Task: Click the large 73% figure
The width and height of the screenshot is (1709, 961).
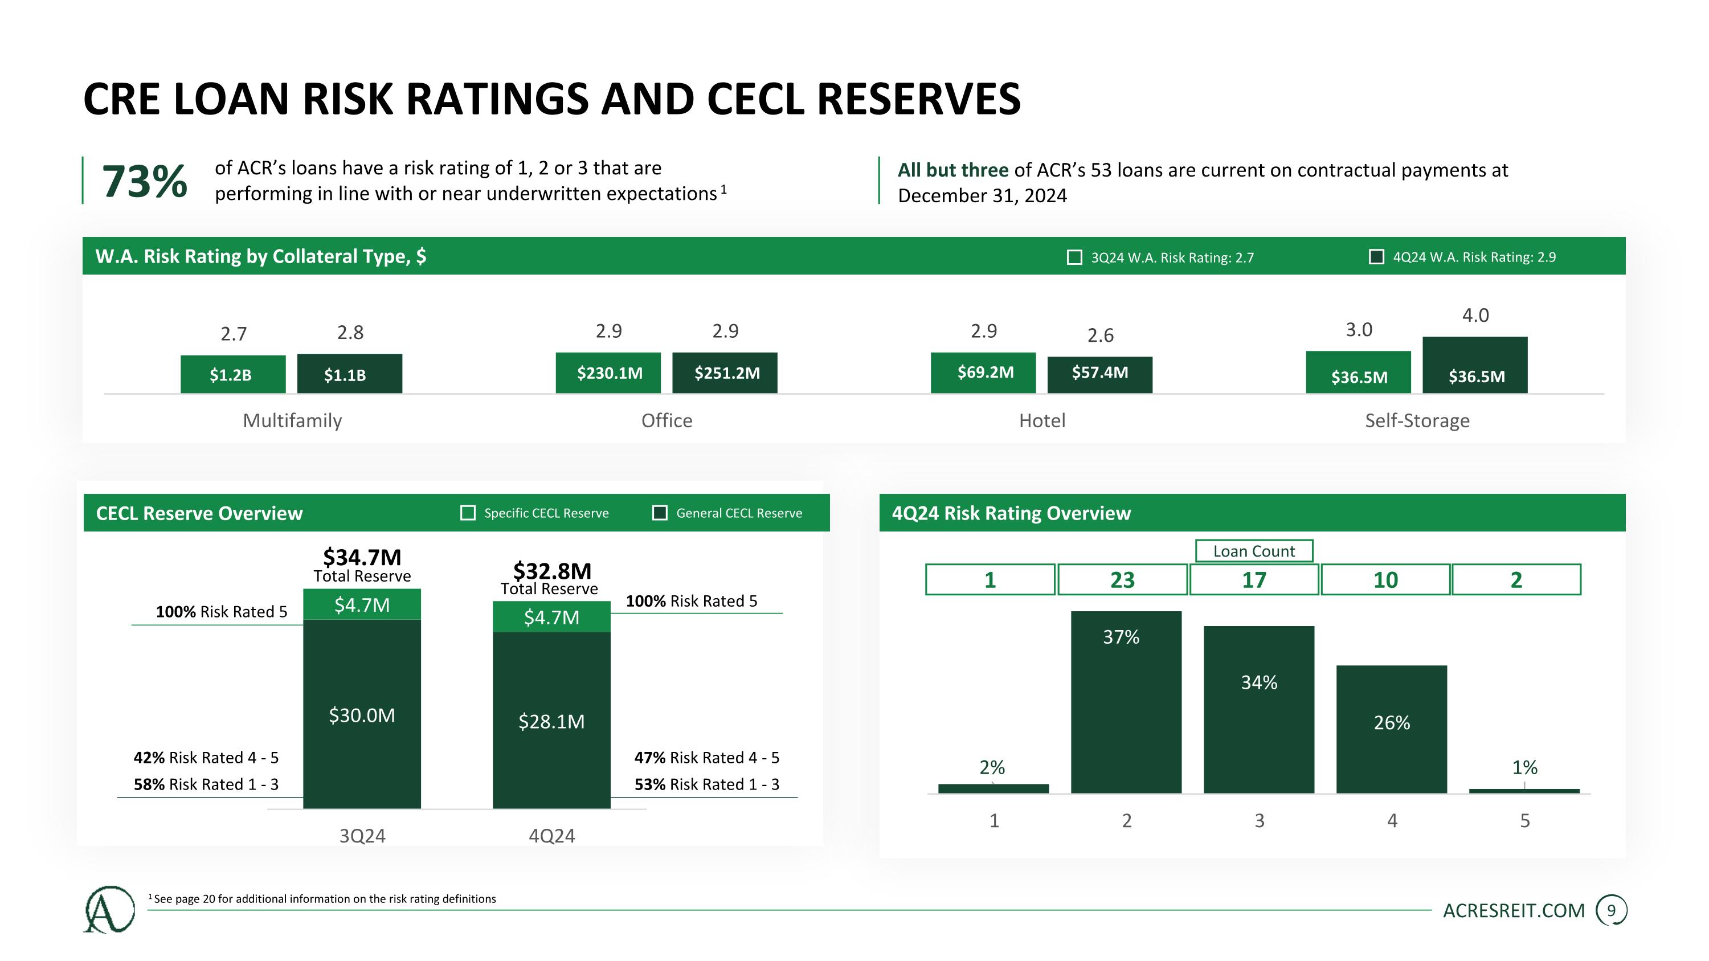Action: (144, 181)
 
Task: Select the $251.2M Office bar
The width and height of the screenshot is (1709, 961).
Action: (725, 373)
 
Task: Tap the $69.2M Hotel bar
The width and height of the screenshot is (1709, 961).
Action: (983, 373)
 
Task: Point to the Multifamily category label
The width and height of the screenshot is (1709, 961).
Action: (293, 420)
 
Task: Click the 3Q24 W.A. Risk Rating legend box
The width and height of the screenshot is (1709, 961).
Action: (1074, 257)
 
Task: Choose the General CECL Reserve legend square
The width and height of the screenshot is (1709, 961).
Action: (660, 513)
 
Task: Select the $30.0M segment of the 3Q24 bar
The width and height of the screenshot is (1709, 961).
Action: (362, 714)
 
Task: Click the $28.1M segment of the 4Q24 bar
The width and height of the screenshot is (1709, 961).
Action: (551, 721)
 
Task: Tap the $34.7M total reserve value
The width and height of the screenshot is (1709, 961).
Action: (362, 557)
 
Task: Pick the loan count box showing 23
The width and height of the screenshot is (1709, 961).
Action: (1122, 580)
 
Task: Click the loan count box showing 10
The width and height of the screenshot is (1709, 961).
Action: (1385, 580)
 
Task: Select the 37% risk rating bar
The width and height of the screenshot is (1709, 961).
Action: (1126, 702)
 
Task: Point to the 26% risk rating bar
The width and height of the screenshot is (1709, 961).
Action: (1391, 729)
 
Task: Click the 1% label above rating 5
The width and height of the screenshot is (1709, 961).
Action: (1524, 767)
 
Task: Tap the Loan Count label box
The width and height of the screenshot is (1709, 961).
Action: (1254, 551)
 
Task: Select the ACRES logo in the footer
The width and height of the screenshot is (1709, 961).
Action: (109, 909)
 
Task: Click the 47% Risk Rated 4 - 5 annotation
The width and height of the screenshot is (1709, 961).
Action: (706, 758)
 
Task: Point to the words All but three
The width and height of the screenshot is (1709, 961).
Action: (952, 170)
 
